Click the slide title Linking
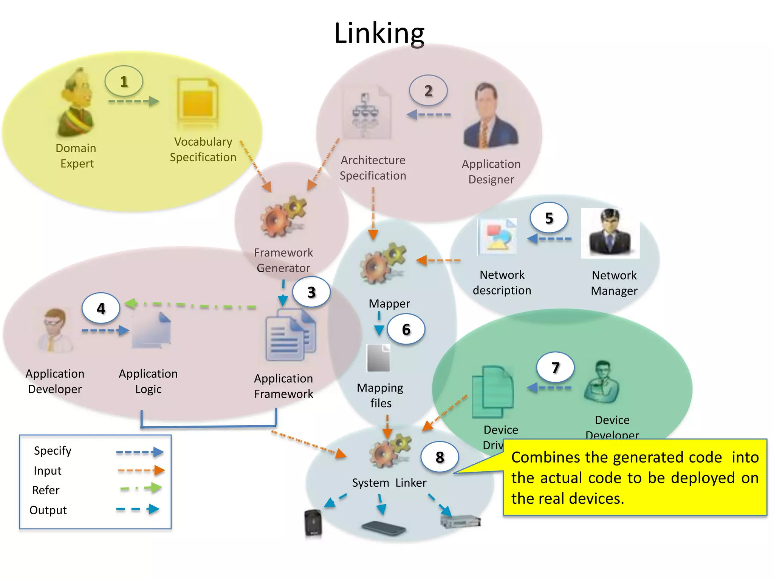(x=379, y=33)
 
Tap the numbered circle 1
(x=124, y=81)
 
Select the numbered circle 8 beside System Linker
(x=440, y=457)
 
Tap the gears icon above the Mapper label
(x=382, y=263)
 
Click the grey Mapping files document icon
(x=378, y=358)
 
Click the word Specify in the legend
(x=53, y=451)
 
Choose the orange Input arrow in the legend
(x=141, y=470)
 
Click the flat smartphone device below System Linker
(x=383, y=528)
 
